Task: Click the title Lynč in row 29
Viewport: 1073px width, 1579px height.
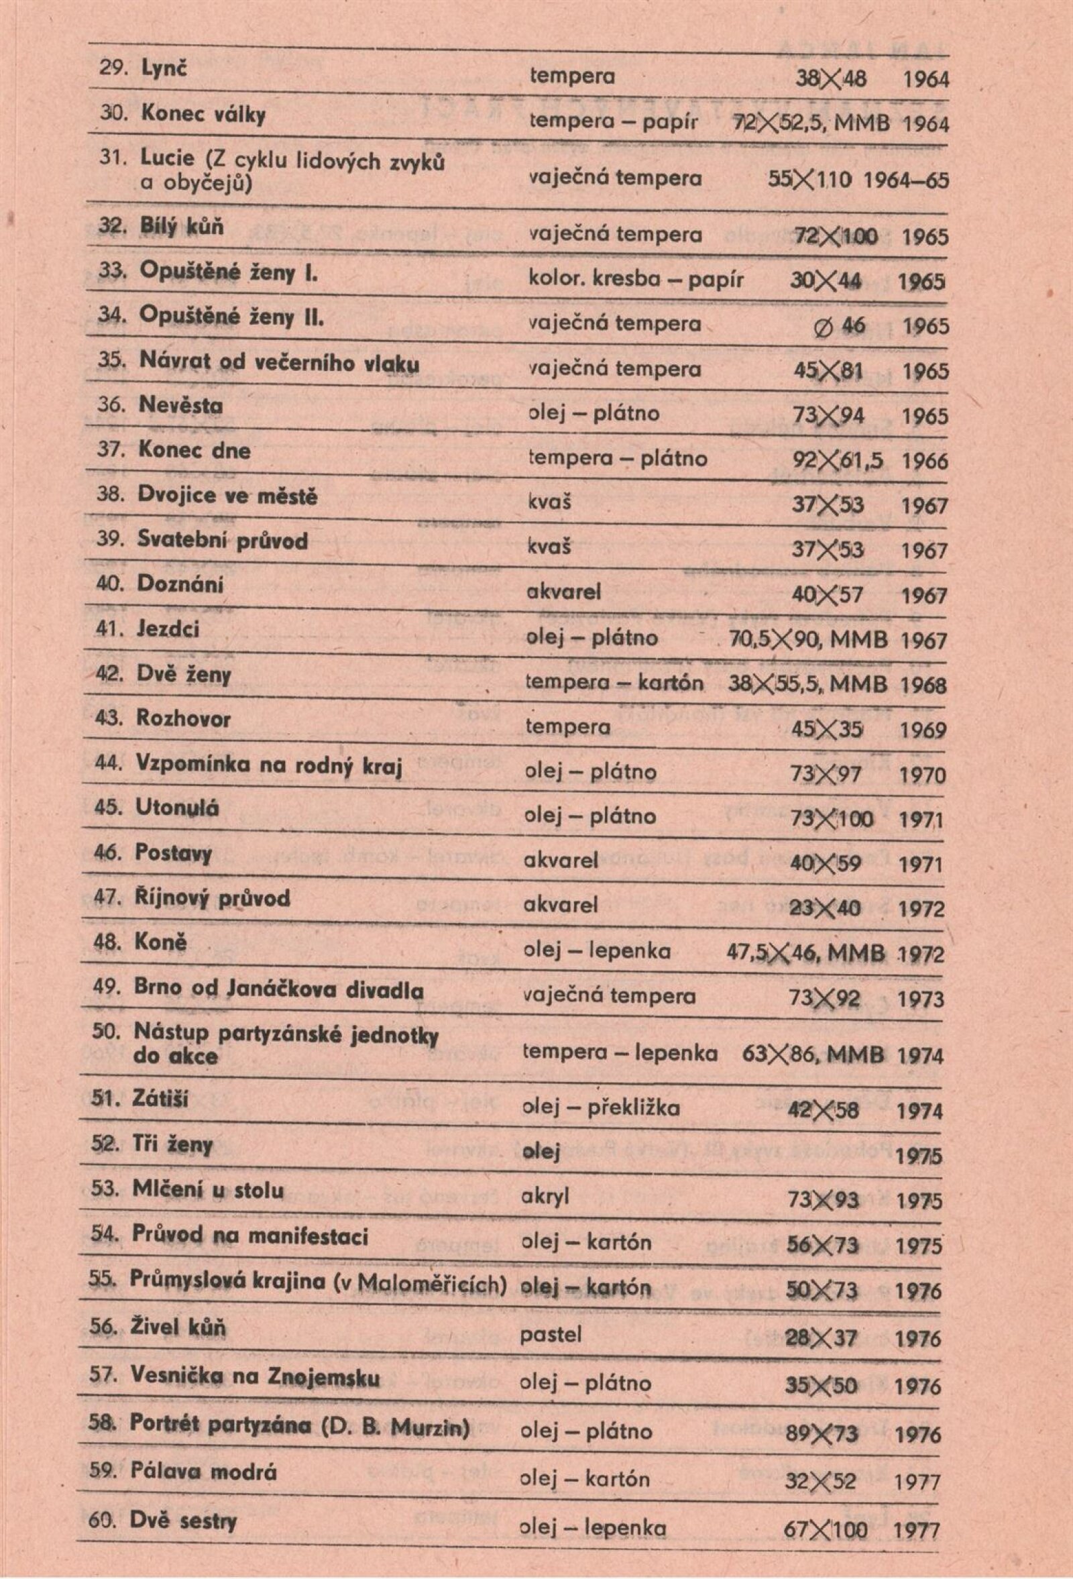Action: (163, 69)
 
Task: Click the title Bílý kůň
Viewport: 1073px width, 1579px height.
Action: (181, 226)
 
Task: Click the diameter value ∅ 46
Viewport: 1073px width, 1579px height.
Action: (840, 326)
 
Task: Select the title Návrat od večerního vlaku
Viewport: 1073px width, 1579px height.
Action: (279, 362)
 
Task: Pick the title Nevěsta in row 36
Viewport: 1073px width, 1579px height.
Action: (180, 406)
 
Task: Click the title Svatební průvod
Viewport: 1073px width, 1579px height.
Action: (222, 541)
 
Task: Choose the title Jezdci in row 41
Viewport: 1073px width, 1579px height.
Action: (168, 629)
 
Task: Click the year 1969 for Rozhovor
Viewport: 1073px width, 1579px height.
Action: (923, 730)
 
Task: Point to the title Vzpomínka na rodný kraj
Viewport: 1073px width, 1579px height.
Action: (270, 766)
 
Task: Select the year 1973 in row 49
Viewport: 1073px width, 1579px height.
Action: (920, 999)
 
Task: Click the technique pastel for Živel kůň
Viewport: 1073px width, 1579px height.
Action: (551, 1335)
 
